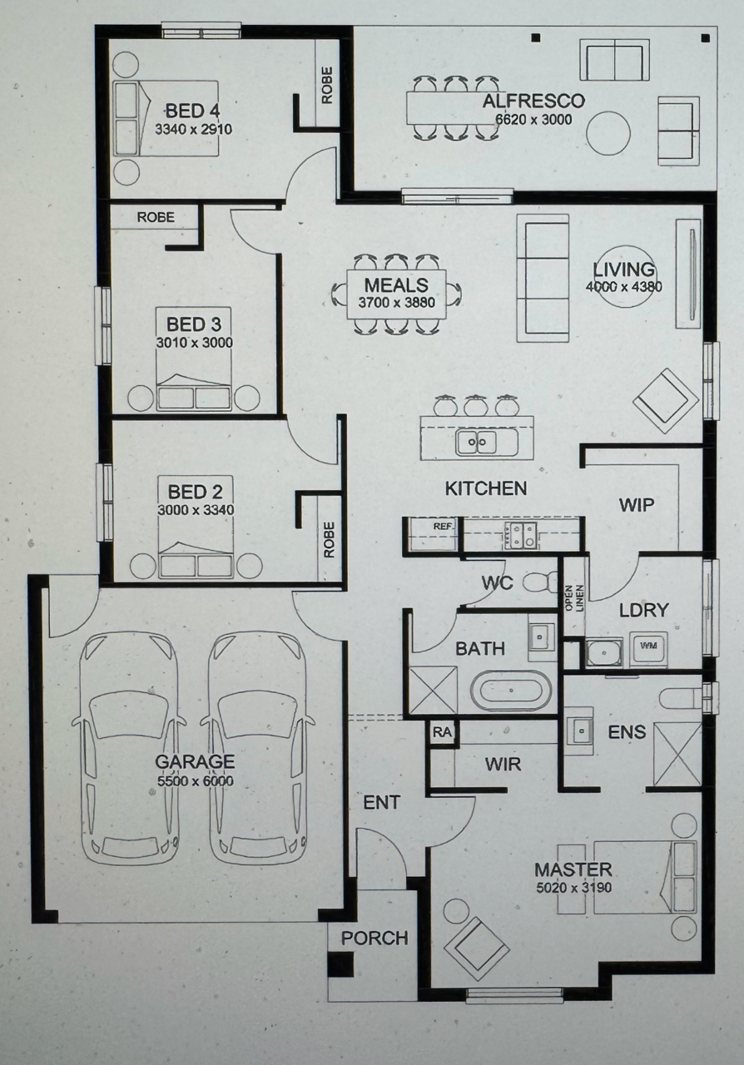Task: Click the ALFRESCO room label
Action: tap(533, 101)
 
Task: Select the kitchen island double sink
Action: tap(477, 442)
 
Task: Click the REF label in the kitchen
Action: tap(444, 527)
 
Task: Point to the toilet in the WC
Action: tap(540, 582)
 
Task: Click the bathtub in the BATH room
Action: tap(511, 691)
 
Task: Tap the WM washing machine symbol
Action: tap(647, 646)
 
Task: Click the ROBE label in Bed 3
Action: tap(156, 217)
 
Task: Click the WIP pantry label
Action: tap(637, 505)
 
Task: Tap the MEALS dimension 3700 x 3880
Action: tap(397, 302)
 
